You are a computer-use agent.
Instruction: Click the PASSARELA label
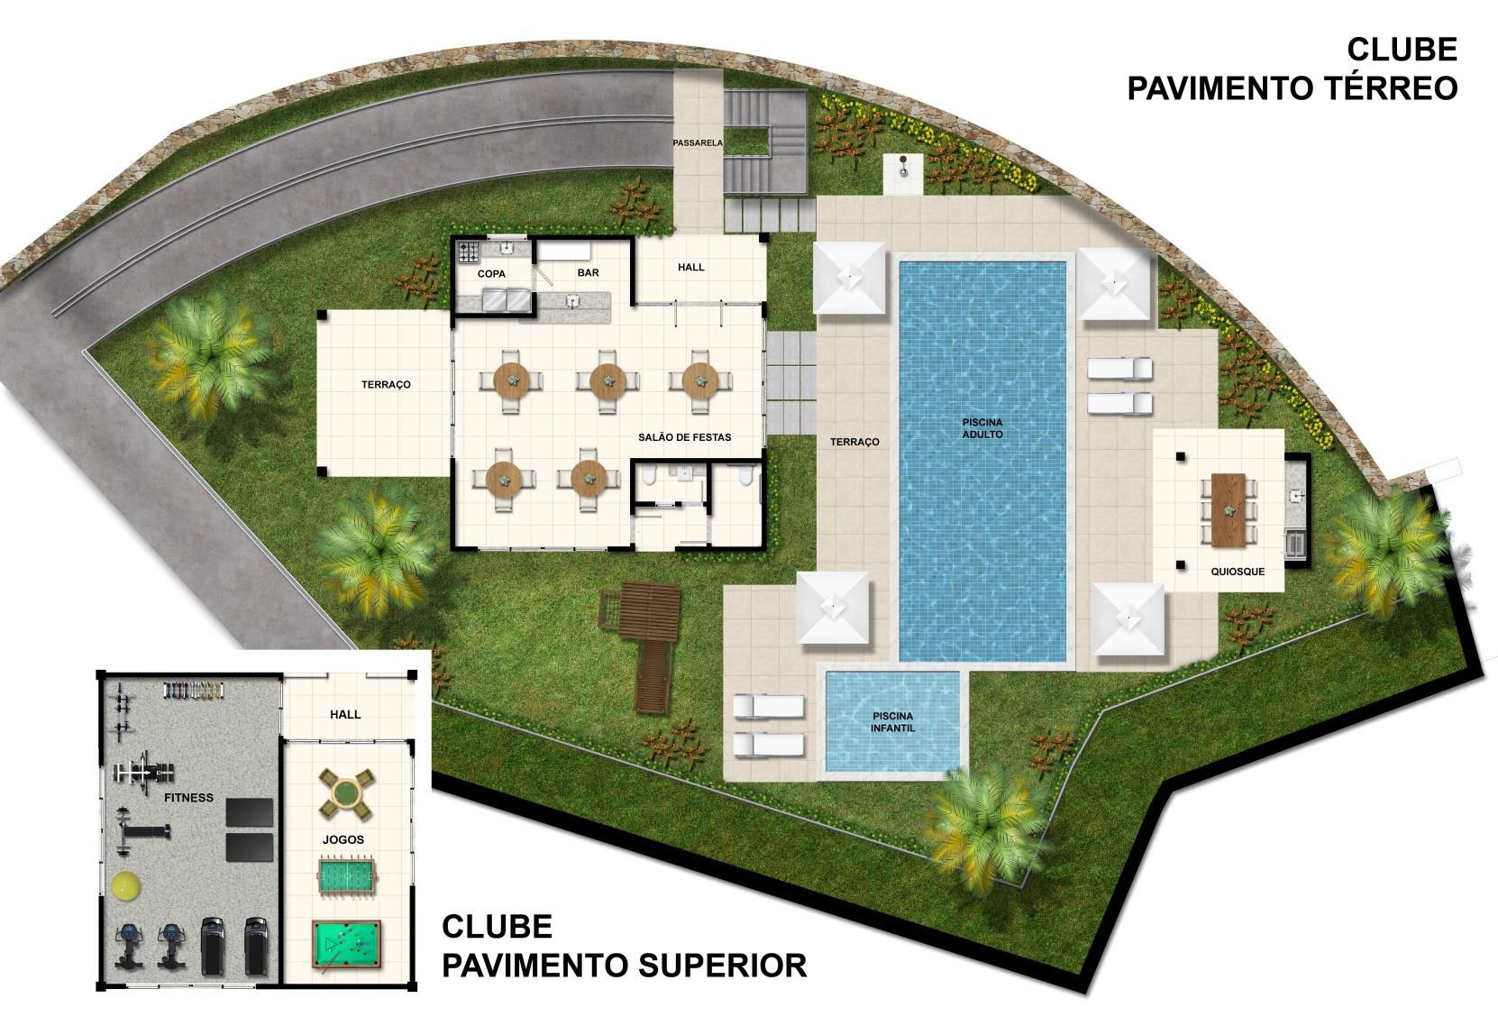pyautogui.click(x=698, y=142)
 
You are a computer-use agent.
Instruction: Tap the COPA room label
pyautogui.click(x=491, y=274)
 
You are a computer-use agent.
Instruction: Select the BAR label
pyautogui.click(x=588, y=272)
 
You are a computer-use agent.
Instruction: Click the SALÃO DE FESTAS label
pyautogui.click(x=684, y=437)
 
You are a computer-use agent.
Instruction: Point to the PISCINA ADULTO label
pyautogui.click(x=982, y=428)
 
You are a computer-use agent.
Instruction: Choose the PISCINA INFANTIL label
pyautogui.click(x=893, y=722)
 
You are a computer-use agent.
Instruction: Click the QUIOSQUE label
pyautogui.click(x=1238, y=572)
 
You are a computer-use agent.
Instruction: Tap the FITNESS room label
pyautogui.click(x=188, y=798)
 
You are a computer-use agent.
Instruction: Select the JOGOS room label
pyautogui.click(x=343, y=839)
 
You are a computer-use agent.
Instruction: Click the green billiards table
pyautogui.click(x=346, y=944)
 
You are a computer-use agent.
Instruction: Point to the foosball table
pyautogui.click(x=347, y=876)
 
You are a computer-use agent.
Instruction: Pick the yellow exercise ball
pyautogui.click(x=125, y=887)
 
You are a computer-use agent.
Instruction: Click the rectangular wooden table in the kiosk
pyautogui.click(x=1229, y=510)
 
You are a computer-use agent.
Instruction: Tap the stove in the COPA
pyautogui.click(x=468, y=252)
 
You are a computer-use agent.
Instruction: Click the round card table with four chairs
pyautogui.click(x=346, y=795)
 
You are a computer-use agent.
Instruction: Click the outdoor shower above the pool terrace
pyautogui.click(x=903, y=175)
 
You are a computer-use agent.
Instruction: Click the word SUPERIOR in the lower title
pyautogui.click(x=722, y=966)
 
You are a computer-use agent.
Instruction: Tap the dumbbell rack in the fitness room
pyautogui.click(x=193, y=691)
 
